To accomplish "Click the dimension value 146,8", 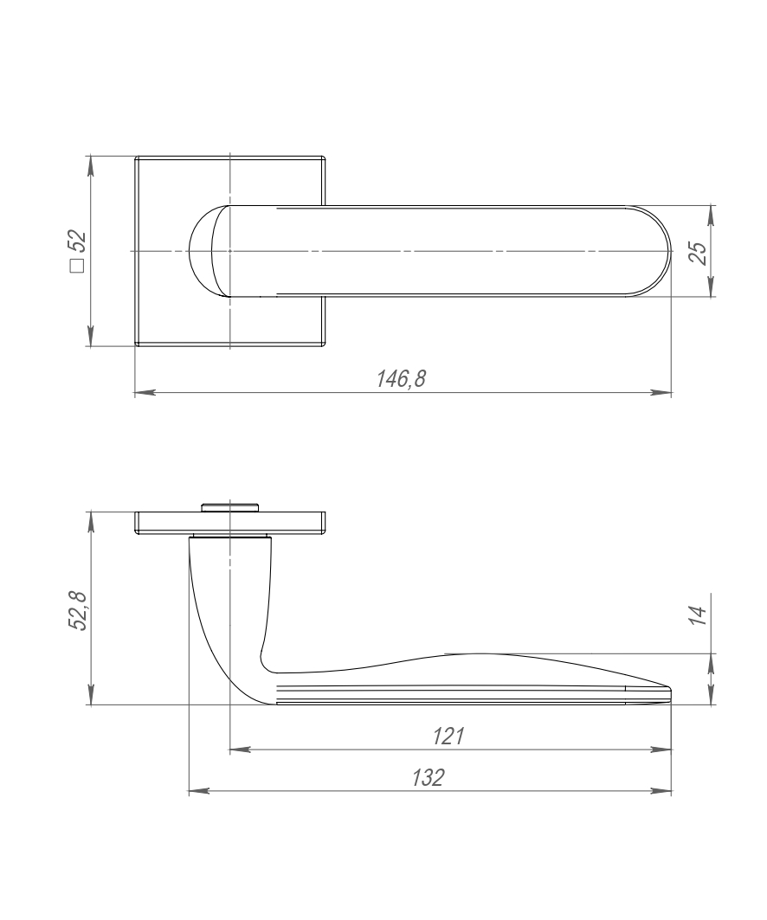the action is point(401,379).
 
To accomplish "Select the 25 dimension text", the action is point(699,252).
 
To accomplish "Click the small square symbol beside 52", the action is point(77,266).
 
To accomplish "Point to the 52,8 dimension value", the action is point(78,611).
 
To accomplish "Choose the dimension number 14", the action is point(699,614).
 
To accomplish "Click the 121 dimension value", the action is point(448,736).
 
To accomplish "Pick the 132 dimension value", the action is point(428,777).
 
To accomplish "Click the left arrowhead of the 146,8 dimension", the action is point(145,392).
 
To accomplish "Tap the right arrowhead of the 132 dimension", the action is point(661,791).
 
